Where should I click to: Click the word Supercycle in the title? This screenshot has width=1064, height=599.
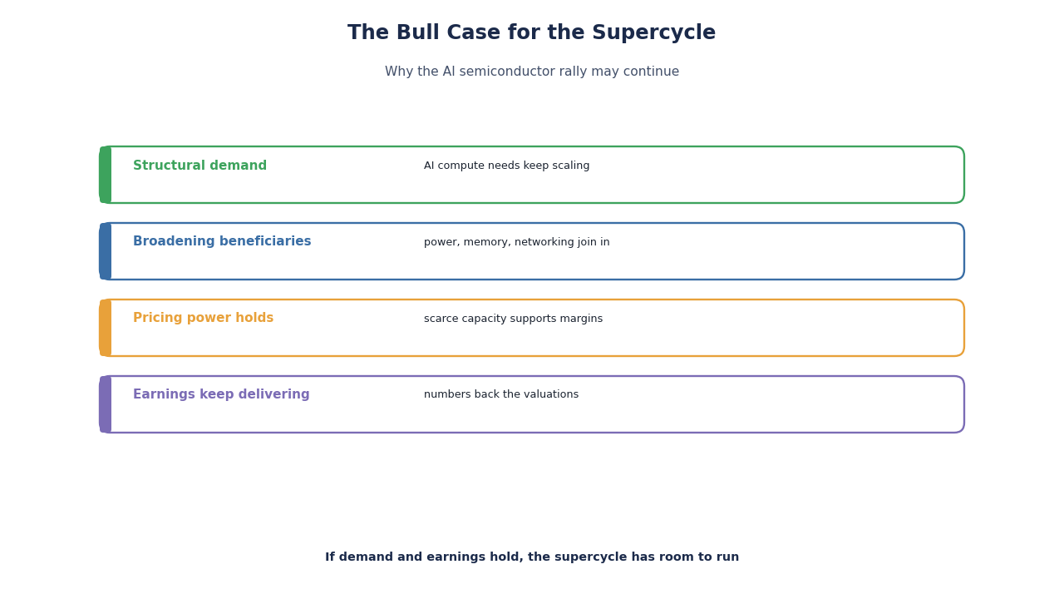[653, 32]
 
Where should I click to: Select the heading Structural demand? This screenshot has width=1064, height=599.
[200, 166]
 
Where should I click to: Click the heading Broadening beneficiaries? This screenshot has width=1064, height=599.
[222, 241]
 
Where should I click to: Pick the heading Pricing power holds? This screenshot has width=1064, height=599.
[204, 318]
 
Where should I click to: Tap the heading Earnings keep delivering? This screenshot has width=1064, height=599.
[221, 394]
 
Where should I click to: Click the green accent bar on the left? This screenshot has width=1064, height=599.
[106, 175]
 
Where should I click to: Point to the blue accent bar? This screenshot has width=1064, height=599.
[106, 251]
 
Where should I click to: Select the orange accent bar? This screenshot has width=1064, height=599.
[106, 328]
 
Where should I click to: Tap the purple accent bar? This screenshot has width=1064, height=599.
[106, 404]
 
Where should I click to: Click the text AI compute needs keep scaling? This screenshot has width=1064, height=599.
[506, 166]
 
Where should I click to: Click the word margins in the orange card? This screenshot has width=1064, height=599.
[583, 319]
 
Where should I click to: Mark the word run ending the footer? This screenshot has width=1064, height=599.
[729, 557]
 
